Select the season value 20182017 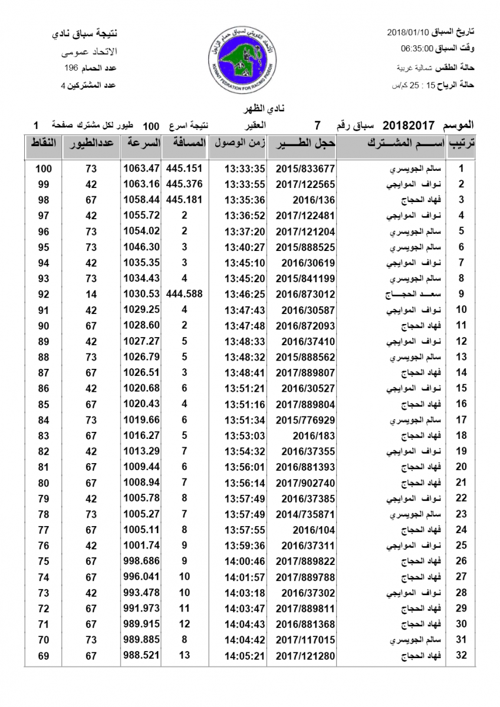pos(409,125)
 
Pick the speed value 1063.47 pos(142,169)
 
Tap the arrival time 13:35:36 pos(245,200)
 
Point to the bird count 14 pos(91,294)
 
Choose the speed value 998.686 pos(142,561)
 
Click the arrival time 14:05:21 pos(245,655)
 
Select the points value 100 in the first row pos(44,169)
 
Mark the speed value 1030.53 pos(142,294)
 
